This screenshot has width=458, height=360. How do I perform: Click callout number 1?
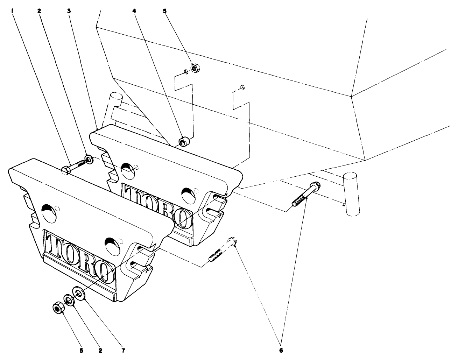point(12,11)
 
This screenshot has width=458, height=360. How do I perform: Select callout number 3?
point(69,11)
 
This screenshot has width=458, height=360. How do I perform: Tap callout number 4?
point(134,11)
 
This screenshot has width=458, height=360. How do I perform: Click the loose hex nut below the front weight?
point(57,308)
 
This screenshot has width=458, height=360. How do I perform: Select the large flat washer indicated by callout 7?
point(78,292)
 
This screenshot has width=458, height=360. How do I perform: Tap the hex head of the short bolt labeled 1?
point(66,170)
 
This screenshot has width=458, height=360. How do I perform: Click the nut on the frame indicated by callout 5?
point(194,68)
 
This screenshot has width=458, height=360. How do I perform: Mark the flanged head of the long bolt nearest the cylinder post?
point(315,186)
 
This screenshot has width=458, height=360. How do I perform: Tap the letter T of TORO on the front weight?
point(54,245)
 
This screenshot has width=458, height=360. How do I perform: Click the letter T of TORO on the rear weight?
point(132,193)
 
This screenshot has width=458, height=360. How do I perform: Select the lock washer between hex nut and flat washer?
point(68,300)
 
